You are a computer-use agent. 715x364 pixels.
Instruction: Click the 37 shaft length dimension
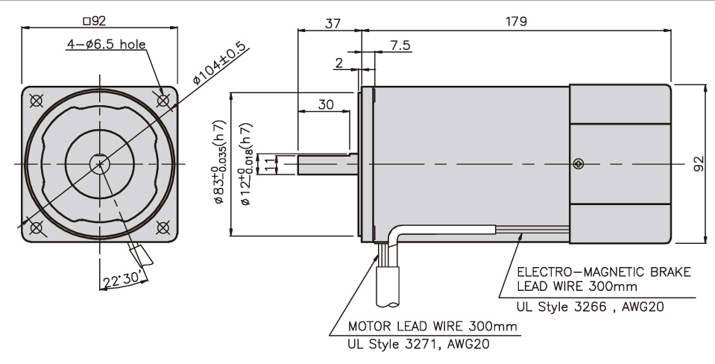click(x=331, y=22)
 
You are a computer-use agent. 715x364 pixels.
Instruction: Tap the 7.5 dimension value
click(x=400, y=46)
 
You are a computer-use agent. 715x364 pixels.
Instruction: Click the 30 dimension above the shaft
click(x=326, y=105)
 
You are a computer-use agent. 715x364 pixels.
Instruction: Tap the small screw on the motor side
click(x=579, y=164)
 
